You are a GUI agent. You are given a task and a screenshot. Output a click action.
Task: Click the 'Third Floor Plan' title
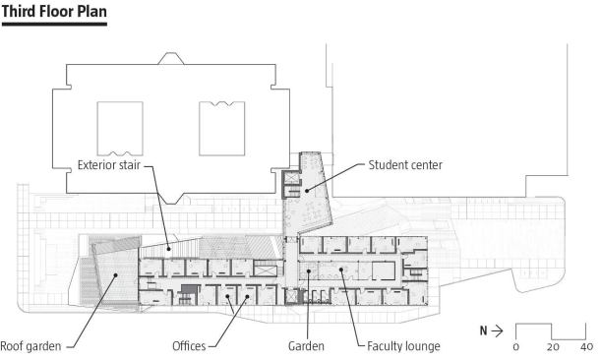tap(54, 12)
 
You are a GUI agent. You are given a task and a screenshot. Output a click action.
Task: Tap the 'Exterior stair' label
tap(109, 165)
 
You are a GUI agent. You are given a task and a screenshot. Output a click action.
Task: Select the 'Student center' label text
tap(405, 165)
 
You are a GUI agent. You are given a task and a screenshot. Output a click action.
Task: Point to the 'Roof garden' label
tap(30, 346)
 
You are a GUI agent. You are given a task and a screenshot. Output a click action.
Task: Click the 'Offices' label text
tap(189, 346)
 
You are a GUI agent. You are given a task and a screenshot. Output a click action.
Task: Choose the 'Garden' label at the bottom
tap(306, 346)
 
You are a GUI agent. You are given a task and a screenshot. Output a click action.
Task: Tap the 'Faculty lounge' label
tap(403, 346)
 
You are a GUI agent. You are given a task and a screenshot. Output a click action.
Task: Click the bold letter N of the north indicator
tap(483, 330)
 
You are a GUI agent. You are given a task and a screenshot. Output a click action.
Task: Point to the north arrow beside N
tap(497, 330)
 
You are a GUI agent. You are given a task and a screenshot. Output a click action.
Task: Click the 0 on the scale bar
tap(515, 347)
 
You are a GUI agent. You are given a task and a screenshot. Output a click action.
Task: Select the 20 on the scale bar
tap(553, 347)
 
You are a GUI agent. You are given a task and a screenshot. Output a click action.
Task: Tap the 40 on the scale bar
tap(586, 347)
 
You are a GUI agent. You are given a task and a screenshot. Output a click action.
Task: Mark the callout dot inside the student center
tap(307, 191)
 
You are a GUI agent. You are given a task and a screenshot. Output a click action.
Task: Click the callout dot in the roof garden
tap(115, 274)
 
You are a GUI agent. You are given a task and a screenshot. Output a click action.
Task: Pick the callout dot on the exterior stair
tap(168, 249)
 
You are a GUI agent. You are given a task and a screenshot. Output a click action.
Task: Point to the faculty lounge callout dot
tap(340, 270)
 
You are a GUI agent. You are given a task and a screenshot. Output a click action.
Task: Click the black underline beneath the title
tap(54, 25)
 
